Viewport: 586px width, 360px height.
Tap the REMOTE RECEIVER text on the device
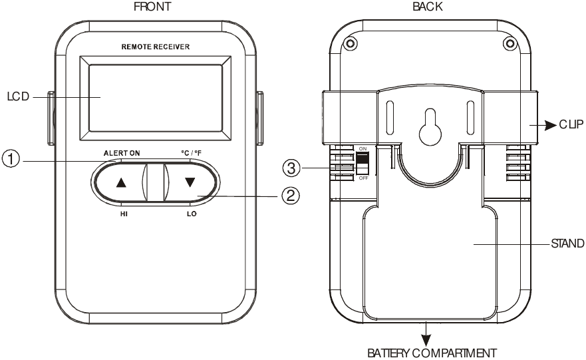pyautogui.click(x=156, y=47)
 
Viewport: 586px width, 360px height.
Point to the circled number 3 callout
pyautogui.click(x=291, y=168)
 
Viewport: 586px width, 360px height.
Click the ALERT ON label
pyautogui.click(x=122, y=152)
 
